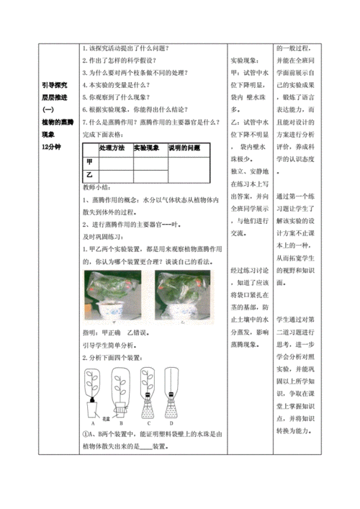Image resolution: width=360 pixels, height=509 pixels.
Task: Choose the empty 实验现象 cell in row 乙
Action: [150, 174]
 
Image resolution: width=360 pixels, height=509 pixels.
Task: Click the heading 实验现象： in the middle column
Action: [245, 60]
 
